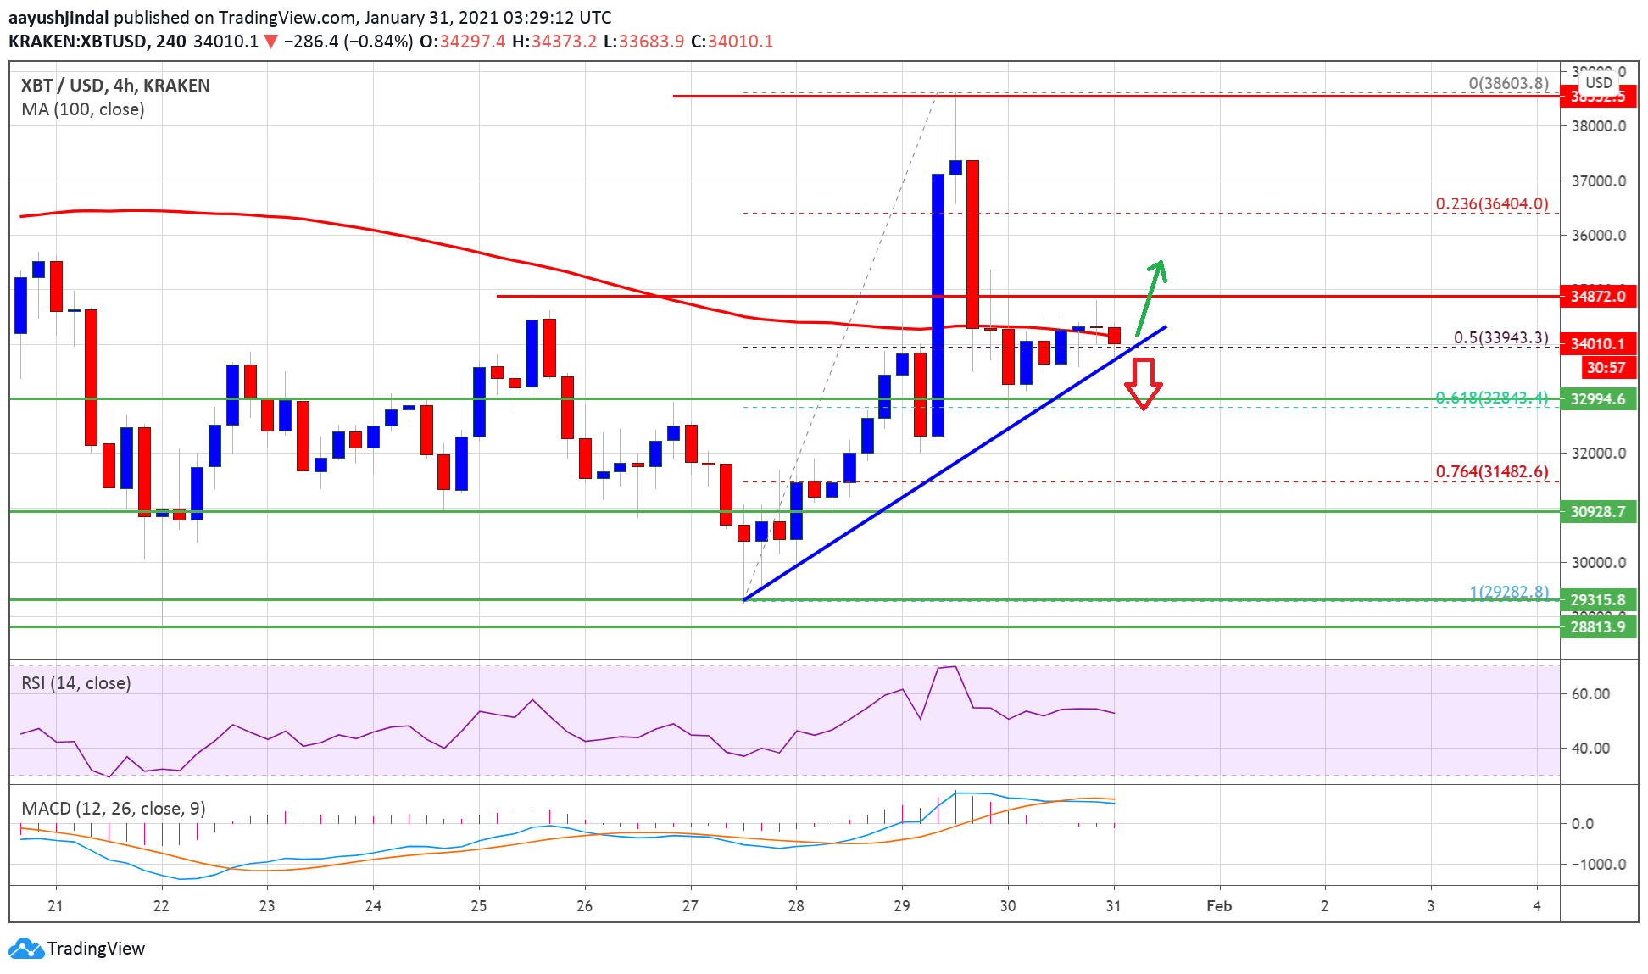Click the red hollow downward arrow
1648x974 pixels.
(1143, 383)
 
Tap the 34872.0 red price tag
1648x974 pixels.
(1598, 296)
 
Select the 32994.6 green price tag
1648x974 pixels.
(1598, 399)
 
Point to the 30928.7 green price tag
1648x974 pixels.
(1598, 511)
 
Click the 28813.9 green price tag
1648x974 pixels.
(1598, 626)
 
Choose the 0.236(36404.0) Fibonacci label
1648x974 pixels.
(1491, 203)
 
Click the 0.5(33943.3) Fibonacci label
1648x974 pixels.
(1500, 337)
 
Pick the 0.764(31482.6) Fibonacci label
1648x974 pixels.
(1491, 471)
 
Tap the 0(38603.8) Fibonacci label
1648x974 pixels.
(1508, 83)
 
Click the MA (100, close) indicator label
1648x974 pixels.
(83, 109)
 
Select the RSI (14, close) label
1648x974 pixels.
(76, 683)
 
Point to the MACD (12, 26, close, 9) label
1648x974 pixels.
(114, 808)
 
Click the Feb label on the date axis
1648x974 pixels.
(1219, 905)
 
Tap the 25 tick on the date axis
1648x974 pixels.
(479, 905)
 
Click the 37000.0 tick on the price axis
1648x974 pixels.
(1599, 181)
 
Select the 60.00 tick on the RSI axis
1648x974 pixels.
(1590, 693)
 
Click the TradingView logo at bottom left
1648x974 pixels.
(77, 948)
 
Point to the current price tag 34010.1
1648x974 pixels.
(1598, 343)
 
